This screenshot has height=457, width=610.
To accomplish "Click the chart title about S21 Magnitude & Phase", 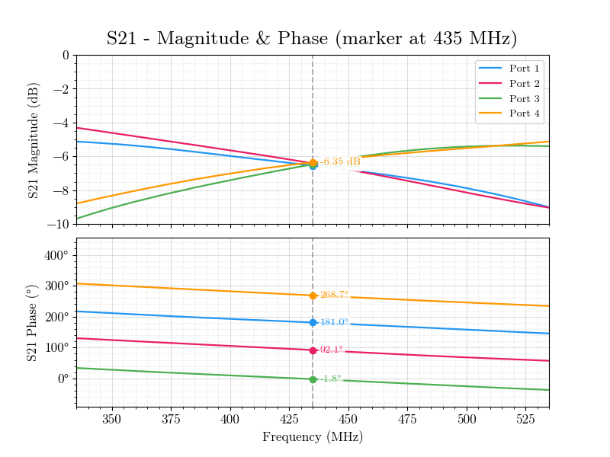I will click(312, 39).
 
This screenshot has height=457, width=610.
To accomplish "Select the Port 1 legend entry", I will click(524, 69).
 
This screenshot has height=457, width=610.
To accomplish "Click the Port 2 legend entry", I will click(524, 84).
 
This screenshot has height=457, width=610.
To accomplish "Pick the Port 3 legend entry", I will click(524, 99).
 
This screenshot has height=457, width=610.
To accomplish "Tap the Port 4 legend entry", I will click(524, 114).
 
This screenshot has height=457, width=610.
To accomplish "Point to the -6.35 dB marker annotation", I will click(340, 161).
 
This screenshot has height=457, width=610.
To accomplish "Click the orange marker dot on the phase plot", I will click(313, 296).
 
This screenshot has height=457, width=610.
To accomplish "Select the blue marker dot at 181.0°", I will click(313, 322).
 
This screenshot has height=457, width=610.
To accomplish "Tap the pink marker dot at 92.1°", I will click(313, 350).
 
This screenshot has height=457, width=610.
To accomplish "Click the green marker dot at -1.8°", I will click(313, 379).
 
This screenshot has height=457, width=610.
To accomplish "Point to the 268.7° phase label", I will click(334, 295).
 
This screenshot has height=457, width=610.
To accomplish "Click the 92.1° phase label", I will click(332, 350).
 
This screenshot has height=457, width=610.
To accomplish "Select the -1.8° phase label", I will click(330, 379).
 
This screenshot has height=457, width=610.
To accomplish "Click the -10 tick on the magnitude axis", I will click(57, 224).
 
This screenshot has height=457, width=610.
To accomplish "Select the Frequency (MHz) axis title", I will click(312, 437).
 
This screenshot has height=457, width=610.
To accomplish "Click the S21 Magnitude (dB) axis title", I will click(34, 139).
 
